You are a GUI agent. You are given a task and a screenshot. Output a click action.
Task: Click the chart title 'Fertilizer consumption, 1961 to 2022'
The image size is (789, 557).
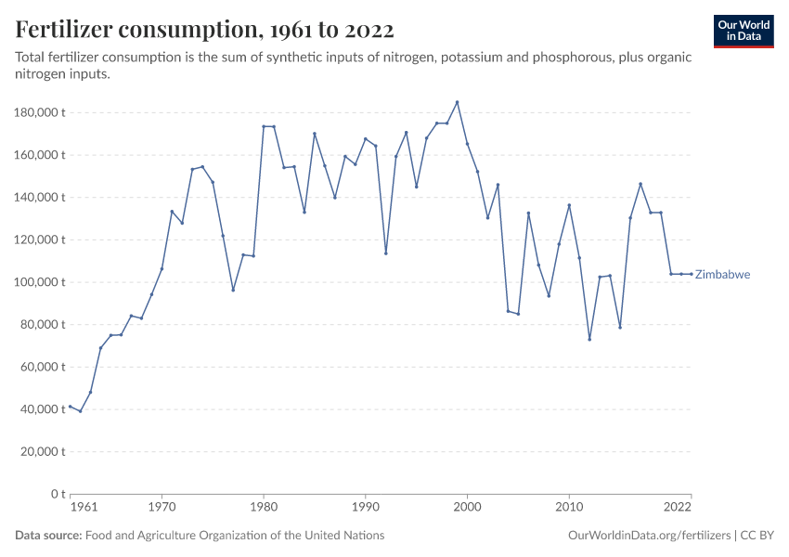(205, 30)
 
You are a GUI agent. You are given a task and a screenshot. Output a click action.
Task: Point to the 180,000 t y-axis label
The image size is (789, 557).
(40, 112)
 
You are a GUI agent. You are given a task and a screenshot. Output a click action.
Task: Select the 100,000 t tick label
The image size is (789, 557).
(40, 282)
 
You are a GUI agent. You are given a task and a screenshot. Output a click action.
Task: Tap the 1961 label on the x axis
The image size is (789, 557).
(83, 508)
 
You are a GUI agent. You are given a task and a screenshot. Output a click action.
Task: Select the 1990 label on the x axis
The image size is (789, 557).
(366, 508)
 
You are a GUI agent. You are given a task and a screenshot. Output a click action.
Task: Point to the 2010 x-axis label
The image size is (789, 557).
(569, 508)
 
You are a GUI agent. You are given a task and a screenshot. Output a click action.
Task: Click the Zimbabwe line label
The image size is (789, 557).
(722, 275)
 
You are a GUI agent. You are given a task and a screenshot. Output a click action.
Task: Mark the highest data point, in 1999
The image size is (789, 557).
(457, 102)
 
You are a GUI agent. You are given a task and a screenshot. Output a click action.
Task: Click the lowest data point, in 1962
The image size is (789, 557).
(80, 411)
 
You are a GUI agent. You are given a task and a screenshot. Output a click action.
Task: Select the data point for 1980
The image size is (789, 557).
(264, 126)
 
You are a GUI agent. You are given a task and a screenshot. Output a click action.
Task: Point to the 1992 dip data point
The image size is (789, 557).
(386, 253)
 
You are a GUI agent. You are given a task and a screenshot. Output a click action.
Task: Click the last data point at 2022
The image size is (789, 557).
(691, 274)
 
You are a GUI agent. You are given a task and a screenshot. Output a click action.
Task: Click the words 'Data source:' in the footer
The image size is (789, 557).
(48, 536)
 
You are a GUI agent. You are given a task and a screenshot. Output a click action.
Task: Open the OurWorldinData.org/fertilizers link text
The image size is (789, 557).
(647, 536)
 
